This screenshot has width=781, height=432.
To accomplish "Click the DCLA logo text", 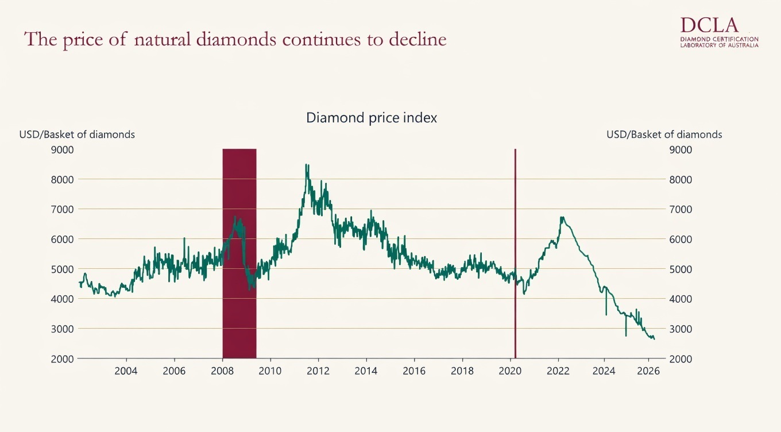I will [x=709, y=25].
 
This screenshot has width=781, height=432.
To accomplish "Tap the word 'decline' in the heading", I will [x=418, y=40].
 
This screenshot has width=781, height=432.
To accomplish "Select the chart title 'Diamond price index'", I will [x=372, y=118].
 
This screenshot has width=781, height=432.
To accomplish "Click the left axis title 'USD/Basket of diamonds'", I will [x=77, y=134].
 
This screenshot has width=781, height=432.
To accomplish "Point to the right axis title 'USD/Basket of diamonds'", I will [x=664, y=134].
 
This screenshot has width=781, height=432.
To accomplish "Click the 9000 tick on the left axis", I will [x=63, y=149].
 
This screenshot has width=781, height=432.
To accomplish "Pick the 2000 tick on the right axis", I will [x=681, y=358].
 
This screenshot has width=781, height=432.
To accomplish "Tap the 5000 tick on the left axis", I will [x=63, y=269].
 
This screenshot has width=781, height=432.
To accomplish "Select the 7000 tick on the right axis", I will [x=681, y=209].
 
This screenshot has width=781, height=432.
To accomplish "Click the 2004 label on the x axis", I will [x=126, y=371].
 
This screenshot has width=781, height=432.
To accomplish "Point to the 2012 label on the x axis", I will [x=318, y=371].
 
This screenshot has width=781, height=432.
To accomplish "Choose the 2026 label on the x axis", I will [x=648, y=371].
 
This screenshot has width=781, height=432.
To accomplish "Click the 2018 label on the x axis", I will [x=462, y=371].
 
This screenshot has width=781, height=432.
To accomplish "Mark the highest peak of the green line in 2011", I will [x=307, y=165].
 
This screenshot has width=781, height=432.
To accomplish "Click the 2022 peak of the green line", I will [x=562, y=217].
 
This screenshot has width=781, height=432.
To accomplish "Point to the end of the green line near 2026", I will [x=654, y=339].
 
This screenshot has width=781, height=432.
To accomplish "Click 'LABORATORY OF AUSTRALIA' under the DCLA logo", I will [x=718, y=45].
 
